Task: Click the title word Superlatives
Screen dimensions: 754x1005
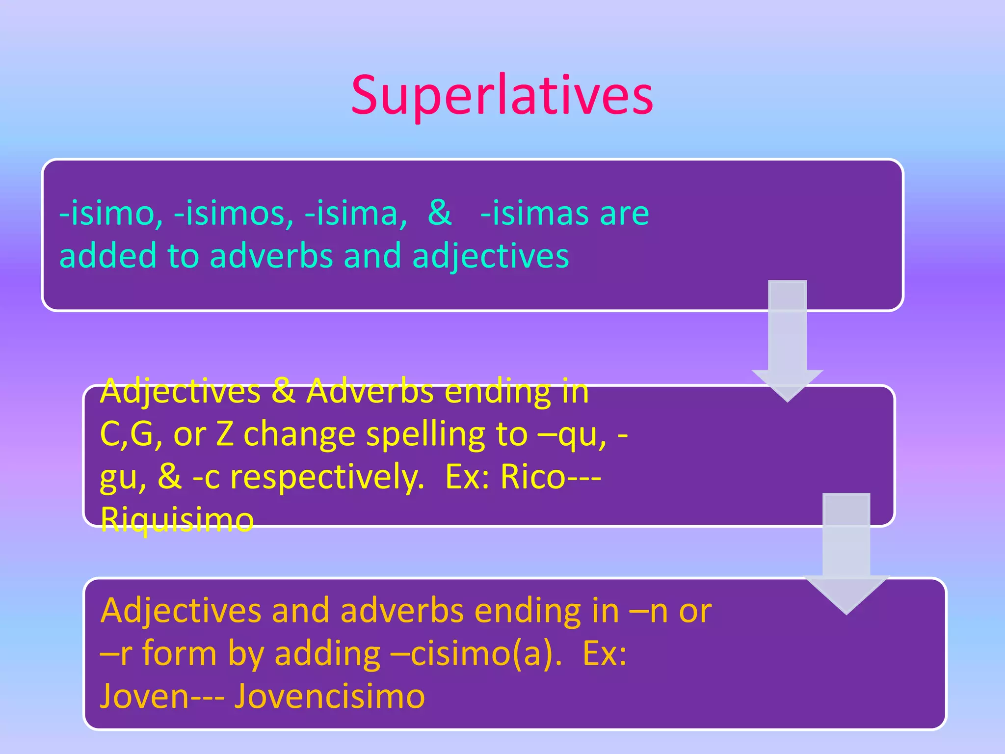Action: (502, 96)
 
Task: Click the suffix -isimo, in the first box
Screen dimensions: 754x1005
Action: (111, 214)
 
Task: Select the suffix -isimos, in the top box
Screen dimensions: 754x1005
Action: (234, 214)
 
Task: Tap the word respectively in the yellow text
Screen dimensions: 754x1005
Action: (327, 478)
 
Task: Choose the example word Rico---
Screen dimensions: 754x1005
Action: (550, 477)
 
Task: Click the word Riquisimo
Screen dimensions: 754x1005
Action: (177, 519)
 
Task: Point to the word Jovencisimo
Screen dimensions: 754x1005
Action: (329, 696)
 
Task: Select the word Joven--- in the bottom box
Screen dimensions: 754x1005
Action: (162, 696)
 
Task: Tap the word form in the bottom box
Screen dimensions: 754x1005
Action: (180, 654)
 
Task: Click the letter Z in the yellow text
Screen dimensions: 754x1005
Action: (225, 434)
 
